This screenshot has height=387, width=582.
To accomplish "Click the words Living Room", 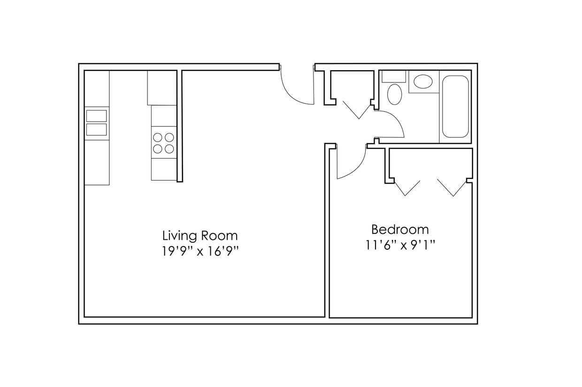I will click(x=200, y=236).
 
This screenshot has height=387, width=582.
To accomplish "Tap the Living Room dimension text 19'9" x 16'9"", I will click(x=200, y=251).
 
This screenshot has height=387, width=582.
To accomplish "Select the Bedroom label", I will click(x=400, y=230).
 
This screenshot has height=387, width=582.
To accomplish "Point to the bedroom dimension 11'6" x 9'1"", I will click(x=400, y=245).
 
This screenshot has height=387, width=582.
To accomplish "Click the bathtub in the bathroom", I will click(x=455, y=106).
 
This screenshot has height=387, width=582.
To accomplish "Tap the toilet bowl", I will click(x=394, y=95).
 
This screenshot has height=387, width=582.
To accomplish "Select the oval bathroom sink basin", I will click(x=423, y=82).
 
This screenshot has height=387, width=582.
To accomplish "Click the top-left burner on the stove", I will click(x=158, y=137).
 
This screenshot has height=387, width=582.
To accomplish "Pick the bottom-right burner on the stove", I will click(x=169, y=149).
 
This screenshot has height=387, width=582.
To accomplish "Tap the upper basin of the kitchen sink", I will click(x=96, y=116).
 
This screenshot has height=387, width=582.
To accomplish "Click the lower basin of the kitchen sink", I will click(x=96, y=129).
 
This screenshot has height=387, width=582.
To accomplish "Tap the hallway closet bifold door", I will click(x=358, y=110).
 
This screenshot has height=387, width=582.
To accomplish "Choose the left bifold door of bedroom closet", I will click(x=406, y=188).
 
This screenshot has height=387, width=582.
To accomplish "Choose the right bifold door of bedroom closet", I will click(x=452, y=188).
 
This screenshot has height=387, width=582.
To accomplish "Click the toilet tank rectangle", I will click(x=393, y=76).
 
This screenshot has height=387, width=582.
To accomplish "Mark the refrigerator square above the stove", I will click(x=162, y=88).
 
